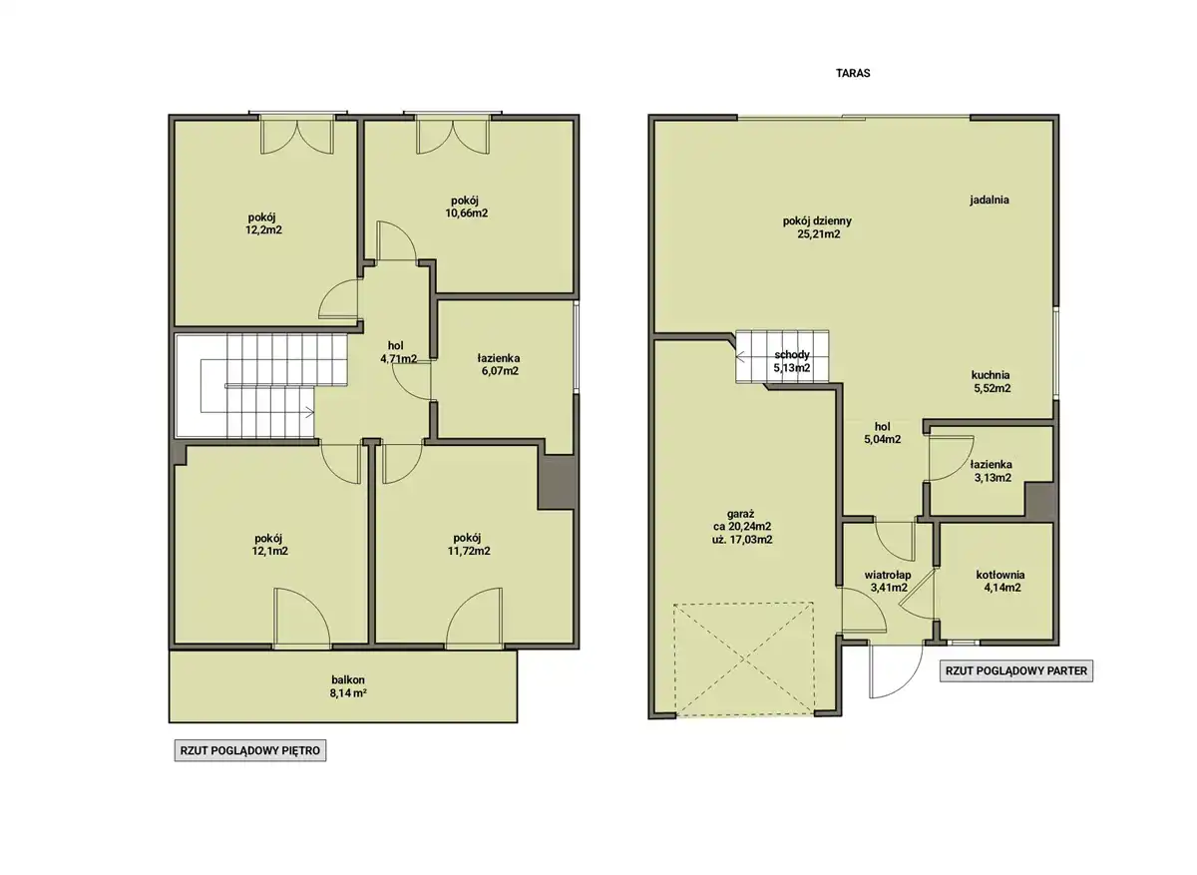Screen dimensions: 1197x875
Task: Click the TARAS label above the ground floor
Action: [853, 73]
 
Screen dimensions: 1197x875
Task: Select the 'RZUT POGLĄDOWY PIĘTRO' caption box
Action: [250, 750]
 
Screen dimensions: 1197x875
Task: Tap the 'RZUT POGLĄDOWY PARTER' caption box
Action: [1016, 670]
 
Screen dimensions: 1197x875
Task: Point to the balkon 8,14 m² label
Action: [348, 686]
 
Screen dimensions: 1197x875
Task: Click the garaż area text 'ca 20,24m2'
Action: [742, 527]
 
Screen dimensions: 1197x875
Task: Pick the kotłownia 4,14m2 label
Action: [1000, 582]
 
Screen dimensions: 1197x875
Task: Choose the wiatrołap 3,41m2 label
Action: [888, 582]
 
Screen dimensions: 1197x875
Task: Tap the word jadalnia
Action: [990, 200]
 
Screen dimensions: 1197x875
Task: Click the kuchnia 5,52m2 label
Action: [992, 382]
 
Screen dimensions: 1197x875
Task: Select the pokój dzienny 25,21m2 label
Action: [817, 227]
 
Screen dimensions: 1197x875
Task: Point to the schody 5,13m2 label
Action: [792, 361]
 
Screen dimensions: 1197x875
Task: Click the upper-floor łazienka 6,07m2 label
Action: [499, 364]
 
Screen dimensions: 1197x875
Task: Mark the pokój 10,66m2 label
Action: [466, 207]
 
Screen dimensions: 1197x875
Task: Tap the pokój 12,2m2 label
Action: [263, 223]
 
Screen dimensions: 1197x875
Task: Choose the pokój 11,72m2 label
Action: [468, 544]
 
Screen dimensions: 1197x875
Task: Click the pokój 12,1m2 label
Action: [269, 544]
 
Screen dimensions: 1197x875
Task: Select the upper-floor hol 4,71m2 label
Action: [398, 352]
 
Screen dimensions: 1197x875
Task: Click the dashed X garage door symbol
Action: [744, 659]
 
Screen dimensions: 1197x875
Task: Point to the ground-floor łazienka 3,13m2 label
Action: [992, 472]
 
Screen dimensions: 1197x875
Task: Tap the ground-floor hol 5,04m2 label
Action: [882, 433]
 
